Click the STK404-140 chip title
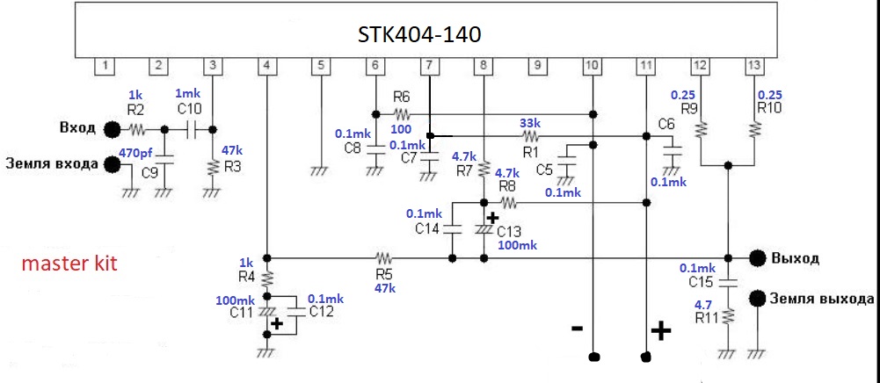[419, 34]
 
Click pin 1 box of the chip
[105, 65]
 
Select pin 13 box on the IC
[753, 65]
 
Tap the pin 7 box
[428, 65]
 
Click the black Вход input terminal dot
[112, 130]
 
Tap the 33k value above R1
[529, 122]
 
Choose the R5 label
[383, 273]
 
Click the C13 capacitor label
[510, 231]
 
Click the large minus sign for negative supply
[577, 328]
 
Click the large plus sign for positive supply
[660, 330]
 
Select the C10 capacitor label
[188, 109]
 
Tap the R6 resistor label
[402, 97]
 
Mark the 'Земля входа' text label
[52, 163]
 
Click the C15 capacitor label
[701, 282]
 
